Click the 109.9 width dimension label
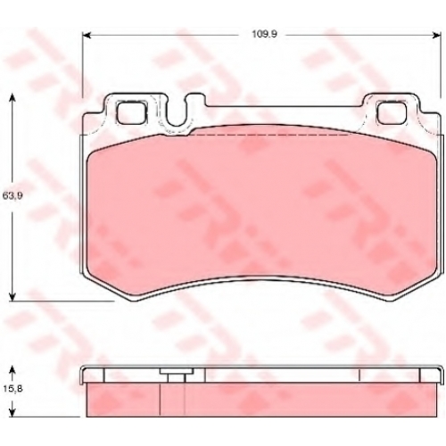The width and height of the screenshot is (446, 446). pyautogui.click(x=264, y=34)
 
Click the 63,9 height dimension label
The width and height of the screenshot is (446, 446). pyautogui.click(x=12, y=195)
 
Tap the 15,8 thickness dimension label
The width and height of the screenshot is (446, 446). pyautogui.click(x=12, y=389)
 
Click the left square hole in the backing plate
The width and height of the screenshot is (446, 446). pyautogui.click(x=132, y=111)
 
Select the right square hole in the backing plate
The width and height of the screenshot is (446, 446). pyautogui.click(x=392, y=111)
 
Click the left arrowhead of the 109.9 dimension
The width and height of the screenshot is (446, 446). pyautogui.click(x=86, y=36)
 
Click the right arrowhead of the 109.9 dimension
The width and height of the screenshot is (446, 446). pyautogui.click(x=436, y=36)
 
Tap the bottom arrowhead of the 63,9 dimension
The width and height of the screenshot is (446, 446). pyautogui.click(x=12, y=296)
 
